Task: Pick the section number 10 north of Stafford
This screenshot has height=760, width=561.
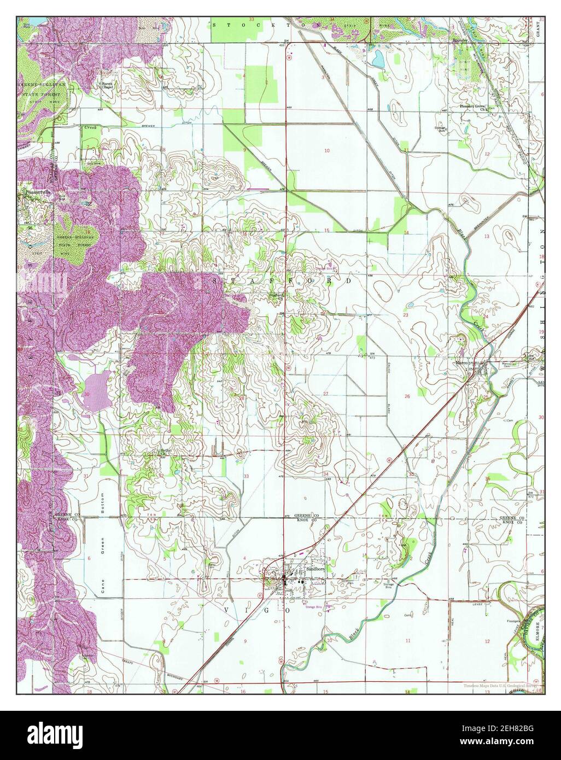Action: click(x=327, y=150)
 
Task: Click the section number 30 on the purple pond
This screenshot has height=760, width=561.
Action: click(x=87, y=394)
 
